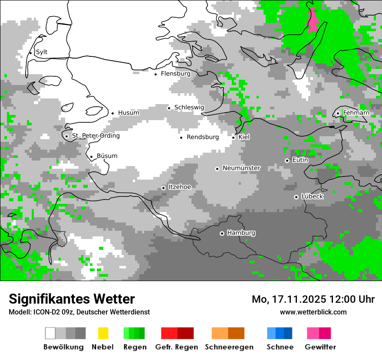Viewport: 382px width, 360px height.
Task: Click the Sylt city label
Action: pyautogui.click(x=42, y=52)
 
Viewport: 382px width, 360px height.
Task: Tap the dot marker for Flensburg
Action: pyautogui.click(x=155, y=74)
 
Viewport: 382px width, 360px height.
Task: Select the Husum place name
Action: pyautogui.click(x=128, y=113)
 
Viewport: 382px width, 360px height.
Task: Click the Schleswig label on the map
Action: pyautogui.click(x=189, y=108)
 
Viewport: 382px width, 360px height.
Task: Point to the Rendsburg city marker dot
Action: pyautogui.click(x=181, y=137)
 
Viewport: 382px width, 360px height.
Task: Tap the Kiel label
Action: pyautogui.click(x=244, y=137)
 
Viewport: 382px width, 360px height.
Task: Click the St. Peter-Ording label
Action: pyautogui.click(x=95, y=136)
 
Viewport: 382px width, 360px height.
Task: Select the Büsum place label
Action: pyautogui.click(x=107, y=156)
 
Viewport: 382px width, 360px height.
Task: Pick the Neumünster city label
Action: pyautogui.click(x=241, y=168)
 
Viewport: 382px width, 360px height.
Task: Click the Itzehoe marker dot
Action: pyautogui.click(x=163, y=188)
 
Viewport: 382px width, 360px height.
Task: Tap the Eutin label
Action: pyautogui.click(x=300, y=160)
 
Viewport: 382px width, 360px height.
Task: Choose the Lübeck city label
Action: pyautogui.click(x=312, y=196)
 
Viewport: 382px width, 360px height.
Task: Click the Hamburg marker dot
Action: pyautogui.click(x=222, y=233)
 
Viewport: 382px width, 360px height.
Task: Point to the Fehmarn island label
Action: pyautogui.click(x=356, y=113)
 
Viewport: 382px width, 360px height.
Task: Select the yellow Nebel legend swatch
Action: pyautogui.click(x=102, y=333)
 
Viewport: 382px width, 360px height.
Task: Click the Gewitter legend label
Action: pyautogui.click(x=320, y=347)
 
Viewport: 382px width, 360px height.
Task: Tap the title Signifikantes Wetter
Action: pyautogui.click(x=72, y=299)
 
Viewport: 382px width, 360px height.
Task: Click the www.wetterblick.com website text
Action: pyautogui.click(x=313, y=312)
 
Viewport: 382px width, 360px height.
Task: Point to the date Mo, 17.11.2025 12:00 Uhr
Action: pyautogui.click(x=313, y=299)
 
